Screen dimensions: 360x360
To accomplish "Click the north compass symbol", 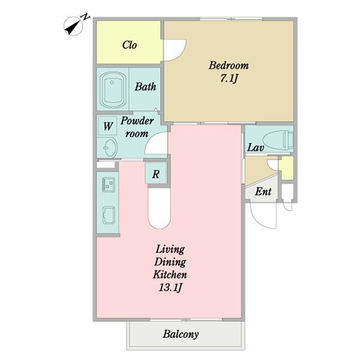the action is pos(73,26).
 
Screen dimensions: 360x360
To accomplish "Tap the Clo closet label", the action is pos(130,45).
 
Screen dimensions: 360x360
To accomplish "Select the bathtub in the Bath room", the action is pos(113,89).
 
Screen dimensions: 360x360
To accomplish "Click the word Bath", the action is pos(145,86).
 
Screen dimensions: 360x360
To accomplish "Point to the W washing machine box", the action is pos(108,126).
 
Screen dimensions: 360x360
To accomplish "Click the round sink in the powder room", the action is pos(110,148).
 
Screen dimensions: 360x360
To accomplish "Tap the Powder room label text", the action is pos(137,127).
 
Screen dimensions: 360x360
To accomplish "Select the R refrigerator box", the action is pos(155,173).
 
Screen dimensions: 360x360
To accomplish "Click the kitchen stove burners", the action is pos(108,185).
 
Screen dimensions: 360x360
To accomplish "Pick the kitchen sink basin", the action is pos(109,215).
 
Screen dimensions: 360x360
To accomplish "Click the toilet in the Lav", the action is pos(278,140).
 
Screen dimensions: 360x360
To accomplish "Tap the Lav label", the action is pos(256,147).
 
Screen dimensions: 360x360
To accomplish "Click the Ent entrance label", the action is pos(263,191).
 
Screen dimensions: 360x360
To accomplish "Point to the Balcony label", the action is pos(181,334).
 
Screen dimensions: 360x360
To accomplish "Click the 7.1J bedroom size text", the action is pos(229,79).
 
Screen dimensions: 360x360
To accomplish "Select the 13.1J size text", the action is pos(170,287).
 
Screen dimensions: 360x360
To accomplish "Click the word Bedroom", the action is pos(229,65).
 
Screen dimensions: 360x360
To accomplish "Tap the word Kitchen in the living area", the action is pos(170,274).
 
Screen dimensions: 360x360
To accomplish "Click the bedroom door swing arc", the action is pos(179,54).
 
